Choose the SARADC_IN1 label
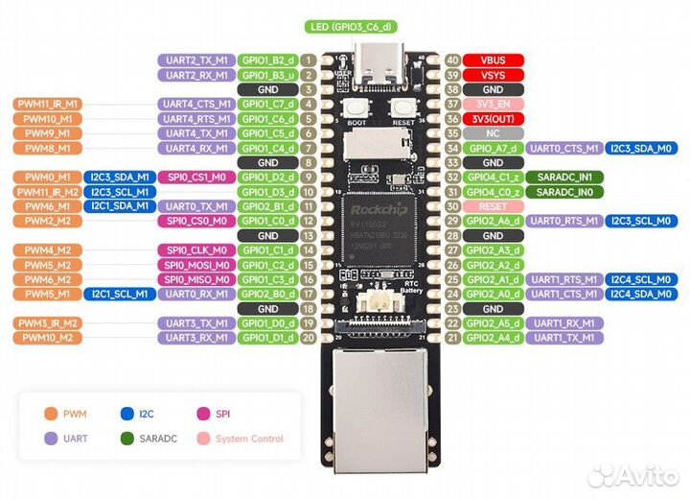[563, 178]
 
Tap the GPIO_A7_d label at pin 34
[491, 148]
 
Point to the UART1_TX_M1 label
[563, 338]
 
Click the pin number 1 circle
[309, 60]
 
